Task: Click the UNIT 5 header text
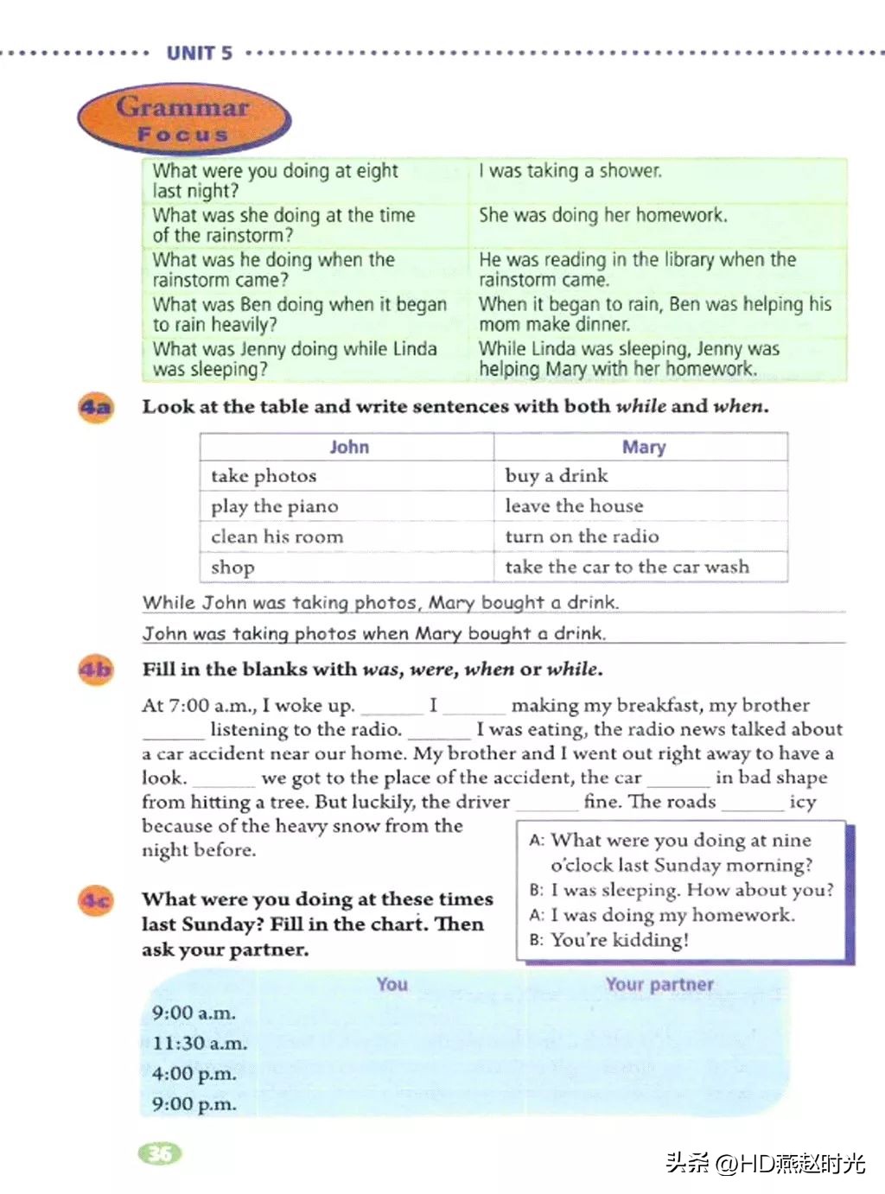point(200,53)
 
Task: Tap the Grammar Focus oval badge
point(183,119)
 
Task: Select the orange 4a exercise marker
point(96,406)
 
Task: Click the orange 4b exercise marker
point(96,670)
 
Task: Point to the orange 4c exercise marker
point(96,901)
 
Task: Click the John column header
point(348,447)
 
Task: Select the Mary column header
point(644,447)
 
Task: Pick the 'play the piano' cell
point(275,506)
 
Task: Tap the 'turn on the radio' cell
point(582,537)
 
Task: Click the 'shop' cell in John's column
point(232,568)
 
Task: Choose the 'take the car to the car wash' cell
point(627,567)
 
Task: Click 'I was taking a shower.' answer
point(570,171)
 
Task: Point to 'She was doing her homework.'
point(603,215)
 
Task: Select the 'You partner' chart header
point(659,984)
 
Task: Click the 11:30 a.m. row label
point(200,1044)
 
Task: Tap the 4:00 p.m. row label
point(194,1074)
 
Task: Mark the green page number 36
point(160,1153)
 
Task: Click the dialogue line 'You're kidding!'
point(619,940)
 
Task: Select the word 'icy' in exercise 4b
point(802,802)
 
